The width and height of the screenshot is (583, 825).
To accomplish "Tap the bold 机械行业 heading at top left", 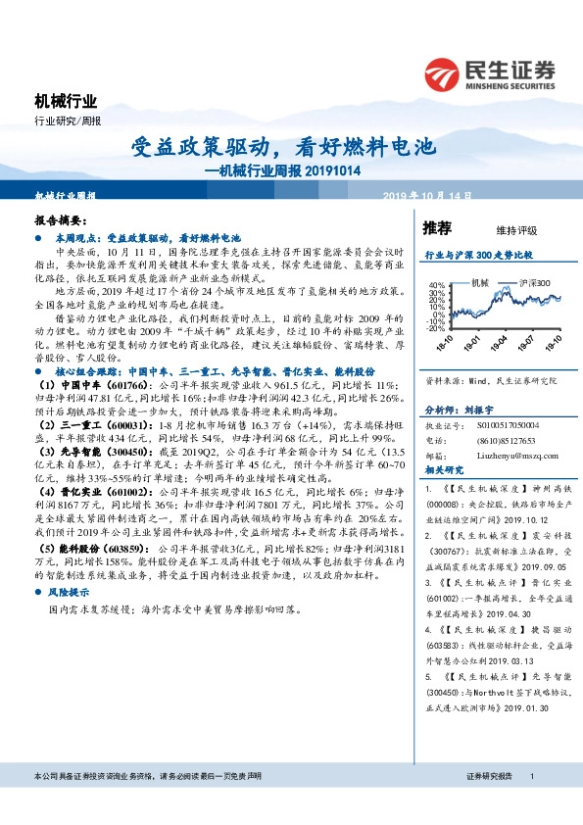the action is click(66, 101).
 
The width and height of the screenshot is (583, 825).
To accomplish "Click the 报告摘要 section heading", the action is click(61, 222).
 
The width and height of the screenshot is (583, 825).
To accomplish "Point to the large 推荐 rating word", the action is click(437, 228).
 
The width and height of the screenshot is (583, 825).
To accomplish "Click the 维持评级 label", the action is click(517, 230).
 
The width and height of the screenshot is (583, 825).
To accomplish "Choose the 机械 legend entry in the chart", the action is click(480, 283).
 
